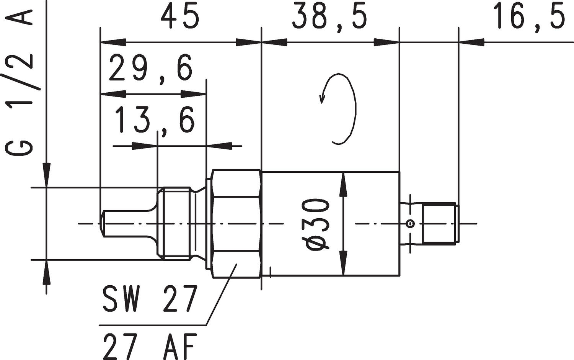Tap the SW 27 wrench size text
(150, 299)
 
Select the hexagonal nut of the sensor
(236, 224)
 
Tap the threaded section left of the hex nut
(176, 224)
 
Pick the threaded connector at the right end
(440, 223)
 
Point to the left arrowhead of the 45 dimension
(113, 42)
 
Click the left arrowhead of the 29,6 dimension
(113, 94)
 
